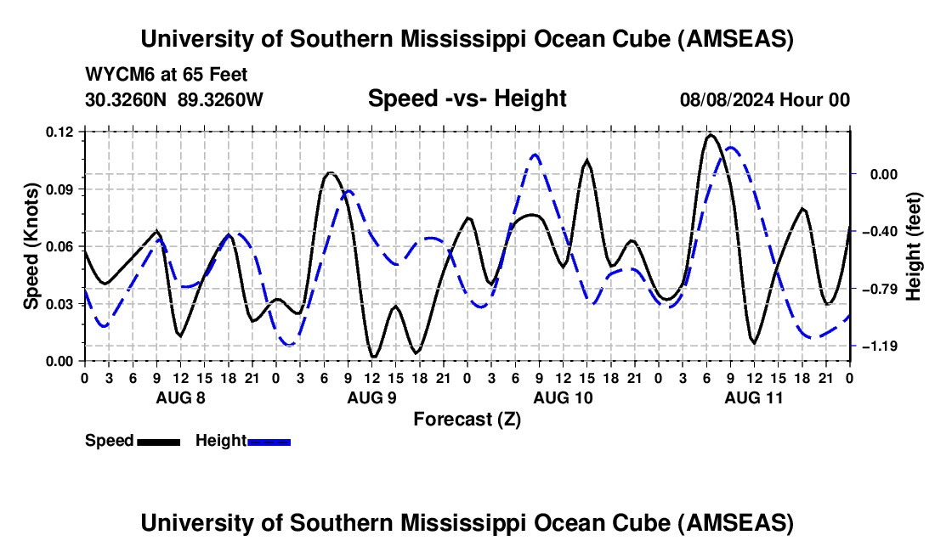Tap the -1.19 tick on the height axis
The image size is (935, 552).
pos(881,346)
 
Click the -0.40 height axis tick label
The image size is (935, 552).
pos(881,231)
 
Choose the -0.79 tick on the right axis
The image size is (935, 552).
pos(881,289)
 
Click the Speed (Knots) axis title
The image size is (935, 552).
pos(31,246)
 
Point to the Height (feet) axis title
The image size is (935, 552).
pos(914,246)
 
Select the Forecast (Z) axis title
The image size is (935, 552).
pos(467,419)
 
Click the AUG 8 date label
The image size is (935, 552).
pos(179,397)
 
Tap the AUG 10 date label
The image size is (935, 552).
pos(563,397)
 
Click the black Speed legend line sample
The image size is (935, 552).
pos(157,441)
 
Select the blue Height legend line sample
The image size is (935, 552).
pos(269,441)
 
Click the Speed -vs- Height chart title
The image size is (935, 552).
pos(467,99)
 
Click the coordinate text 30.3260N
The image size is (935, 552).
pos(128,100)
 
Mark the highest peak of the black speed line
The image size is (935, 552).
pos(711,134)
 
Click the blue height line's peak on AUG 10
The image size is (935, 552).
pos(535,155)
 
